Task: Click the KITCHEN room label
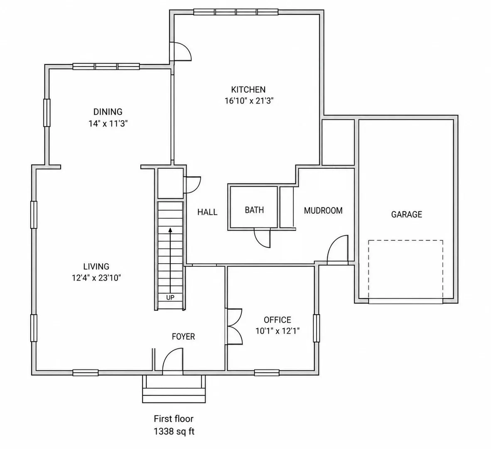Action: click(x=248, y=90)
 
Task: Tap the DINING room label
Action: click(x=108, y=112)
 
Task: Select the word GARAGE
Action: click(x=406, y=215)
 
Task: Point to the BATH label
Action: click(x=254, y=210)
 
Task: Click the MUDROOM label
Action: click(x=323, y=210)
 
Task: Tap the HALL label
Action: click(x=207, y=212)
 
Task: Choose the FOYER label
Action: click(x=184, y=336)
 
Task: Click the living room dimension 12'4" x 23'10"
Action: click(x=96, y=278)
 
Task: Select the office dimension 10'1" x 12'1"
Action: click(x=278, y=331)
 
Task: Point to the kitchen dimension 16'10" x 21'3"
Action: click(x=249, y=101)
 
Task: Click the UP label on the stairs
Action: click(x=170, y=297)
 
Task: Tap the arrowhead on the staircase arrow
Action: click(x=170, y=230)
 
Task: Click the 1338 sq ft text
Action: click(x=174, y=432)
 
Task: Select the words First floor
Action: click(x=174, y=419)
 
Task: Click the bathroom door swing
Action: click(x=262, y=238)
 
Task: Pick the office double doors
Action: click(x=235, y=327)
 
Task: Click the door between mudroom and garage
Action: click(x=338, y=250)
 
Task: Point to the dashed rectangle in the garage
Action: click(x=405, y=270)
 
